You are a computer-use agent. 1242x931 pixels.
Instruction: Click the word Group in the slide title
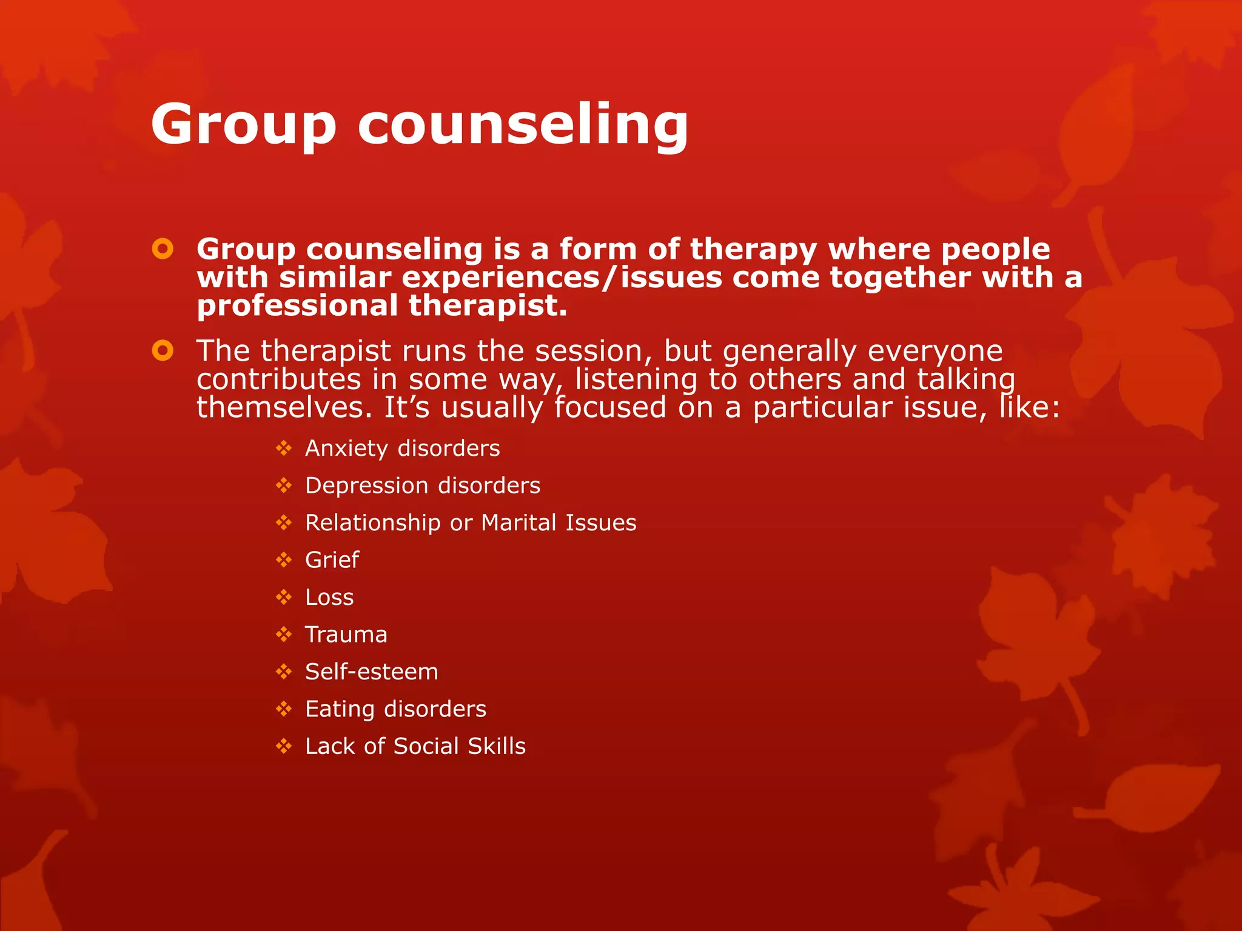(243, 124)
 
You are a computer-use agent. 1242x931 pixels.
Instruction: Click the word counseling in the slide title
(523, 124)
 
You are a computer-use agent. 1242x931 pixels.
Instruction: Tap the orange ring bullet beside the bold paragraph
(163, 249)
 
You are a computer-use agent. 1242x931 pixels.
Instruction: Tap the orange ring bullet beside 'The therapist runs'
(163, 350)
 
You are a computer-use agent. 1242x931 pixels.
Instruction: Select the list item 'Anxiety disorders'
(402, 449)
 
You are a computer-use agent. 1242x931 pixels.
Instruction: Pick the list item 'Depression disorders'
(422, 486)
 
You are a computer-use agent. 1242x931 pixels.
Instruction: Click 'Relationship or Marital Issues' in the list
(471, 522)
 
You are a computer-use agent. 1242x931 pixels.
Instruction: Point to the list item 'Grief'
(332, 560)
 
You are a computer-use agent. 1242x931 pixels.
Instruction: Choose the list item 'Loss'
(329, 598)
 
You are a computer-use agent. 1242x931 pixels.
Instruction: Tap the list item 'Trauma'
(346, 635)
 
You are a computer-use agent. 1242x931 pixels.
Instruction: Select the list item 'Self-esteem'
(371, 672)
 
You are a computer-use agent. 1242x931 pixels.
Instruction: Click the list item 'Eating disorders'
(395, 709)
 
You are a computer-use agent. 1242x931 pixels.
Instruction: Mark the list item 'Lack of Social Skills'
(415, 746)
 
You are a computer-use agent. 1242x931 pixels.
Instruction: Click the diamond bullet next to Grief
(284, 560)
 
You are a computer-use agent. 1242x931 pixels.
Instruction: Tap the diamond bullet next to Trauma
(284, 635)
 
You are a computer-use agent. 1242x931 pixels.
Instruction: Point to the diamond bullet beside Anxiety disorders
(284, 449)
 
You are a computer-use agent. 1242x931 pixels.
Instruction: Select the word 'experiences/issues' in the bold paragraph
(562, 278)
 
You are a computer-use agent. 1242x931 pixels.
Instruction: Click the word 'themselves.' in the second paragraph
(284, 407)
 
